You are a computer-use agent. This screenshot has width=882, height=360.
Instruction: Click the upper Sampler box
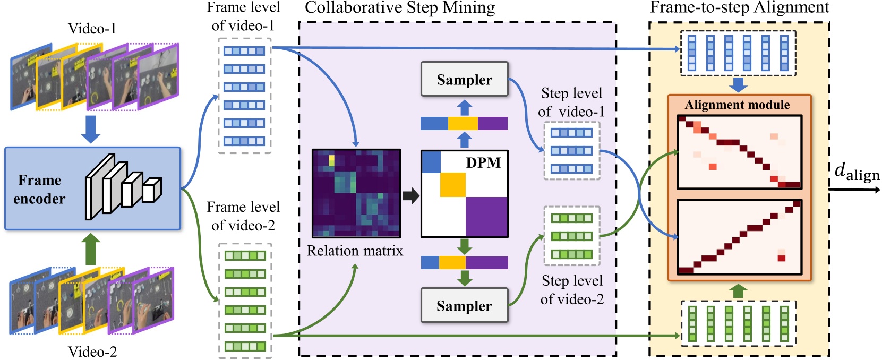tap(464, 79)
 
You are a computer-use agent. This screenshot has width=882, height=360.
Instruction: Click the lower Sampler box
tap(464, 305)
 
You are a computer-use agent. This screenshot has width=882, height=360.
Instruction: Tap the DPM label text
tap(483, 162)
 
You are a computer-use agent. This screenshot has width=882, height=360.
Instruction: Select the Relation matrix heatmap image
tap(356, 193)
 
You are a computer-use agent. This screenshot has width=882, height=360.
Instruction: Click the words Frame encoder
tap(40, 189)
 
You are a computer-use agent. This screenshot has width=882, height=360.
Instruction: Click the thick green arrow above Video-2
tap(90, 250)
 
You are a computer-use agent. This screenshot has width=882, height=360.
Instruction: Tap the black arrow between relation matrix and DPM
tap(410, 195)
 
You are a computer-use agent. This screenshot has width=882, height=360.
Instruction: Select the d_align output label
tap(856, 172)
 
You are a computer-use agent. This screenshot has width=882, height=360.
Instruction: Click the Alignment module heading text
tap(737, 105)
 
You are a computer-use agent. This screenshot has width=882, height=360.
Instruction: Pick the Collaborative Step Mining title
tap(400, 7)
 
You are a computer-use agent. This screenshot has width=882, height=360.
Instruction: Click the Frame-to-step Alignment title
tap(739, 7)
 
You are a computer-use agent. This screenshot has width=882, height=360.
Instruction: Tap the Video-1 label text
tap(92, 29)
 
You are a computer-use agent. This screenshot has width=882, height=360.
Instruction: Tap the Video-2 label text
tap(92, 352)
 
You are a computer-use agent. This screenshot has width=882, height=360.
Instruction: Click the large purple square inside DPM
tap(486, 217)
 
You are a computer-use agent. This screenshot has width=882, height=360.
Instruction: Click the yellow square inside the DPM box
tap(453, 185)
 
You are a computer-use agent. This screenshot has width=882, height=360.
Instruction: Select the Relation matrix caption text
tap(355, 251)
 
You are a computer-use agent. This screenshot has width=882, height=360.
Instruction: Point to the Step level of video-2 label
tap(572, 290)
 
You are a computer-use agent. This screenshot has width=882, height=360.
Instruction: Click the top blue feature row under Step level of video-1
tap(571, 133)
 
